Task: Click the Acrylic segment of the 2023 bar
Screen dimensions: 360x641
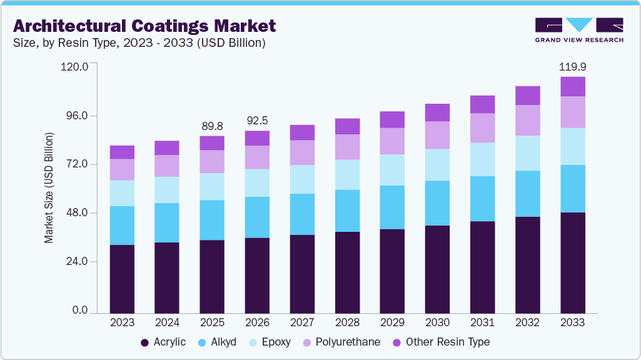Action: tap(122, 278)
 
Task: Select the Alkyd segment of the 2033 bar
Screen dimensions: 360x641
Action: tap(572, 189)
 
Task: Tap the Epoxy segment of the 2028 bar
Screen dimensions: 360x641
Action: tap(347, 174)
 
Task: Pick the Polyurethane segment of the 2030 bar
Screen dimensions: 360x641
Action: tap(437, 135)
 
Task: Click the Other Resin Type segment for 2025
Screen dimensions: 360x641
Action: tap(212, 143)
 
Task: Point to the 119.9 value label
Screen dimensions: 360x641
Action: tap(572, 66)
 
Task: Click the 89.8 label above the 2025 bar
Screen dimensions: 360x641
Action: tap(212, 126)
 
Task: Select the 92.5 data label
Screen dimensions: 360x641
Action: tap(257, 121)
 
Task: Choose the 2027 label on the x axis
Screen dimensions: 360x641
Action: tap(302, 322)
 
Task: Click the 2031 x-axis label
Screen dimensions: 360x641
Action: tap(482, 322)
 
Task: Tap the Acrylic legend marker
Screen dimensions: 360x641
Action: tap(144, 342)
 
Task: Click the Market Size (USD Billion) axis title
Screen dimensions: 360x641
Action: tap(49, 187)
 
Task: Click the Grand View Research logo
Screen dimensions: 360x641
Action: tap(578, 30)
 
